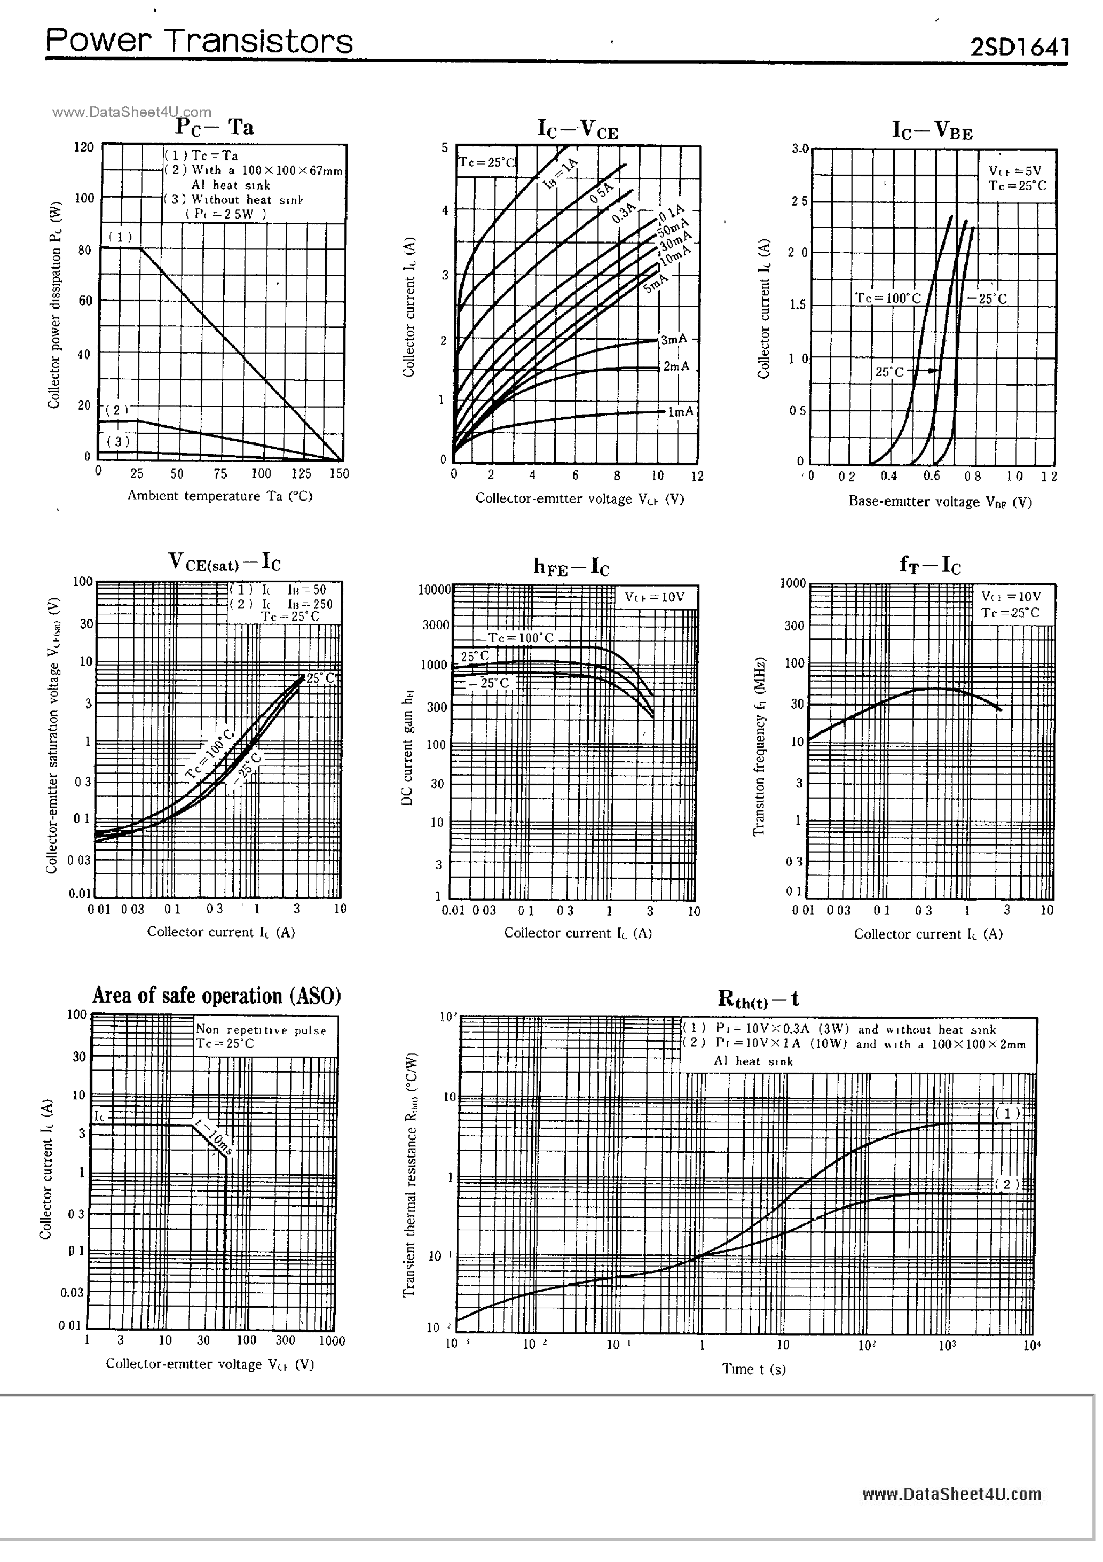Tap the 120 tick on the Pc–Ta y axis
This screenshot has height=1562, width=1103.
pos(84,147)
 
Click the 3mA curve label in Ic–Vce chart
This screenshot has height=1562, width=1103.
pos(674,339)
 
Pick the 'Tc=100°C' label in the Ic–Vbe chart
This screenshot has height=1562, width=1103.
pos(887,298)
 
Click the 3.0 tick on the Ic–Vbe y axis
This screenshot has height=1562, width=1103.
pos(800,149)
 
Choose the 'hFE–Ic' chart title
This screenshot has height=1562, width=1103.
pos(571,566)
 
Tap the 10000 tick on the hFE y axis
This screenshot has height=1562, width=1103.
pos(434,590)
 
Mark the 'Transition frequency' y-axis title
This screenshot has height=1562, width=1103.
pos(760,746)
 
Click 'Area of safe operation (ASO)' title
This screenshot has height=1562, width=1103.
pos(216,996)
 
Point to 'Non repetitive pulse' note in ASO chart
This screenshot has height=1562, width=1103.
pos(261,1030)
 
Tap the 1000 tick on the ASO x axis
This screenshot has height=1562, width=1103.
pos(332,1341)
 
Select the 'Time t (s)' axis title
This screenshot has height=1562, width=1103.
pos(753,1369)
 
